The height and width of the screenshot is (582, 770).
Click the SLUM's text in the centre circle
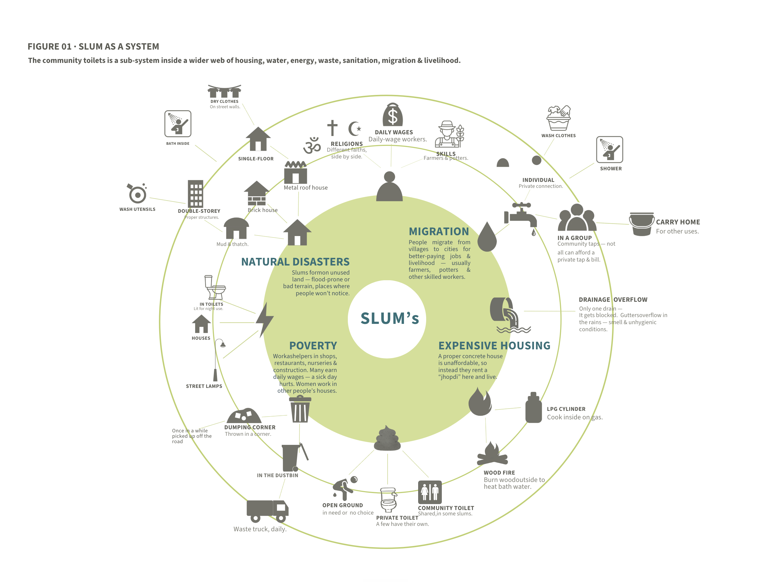(390, 318)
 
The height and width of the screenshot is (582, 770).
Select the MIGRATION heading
(439, 231)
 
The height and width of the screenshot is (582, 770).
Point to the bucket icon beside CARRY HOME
(641, 224)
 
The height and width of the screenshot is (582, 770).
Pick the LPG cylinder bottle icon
(533, 407)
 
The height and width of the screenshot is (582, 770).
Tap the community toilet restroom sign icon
(430, 492)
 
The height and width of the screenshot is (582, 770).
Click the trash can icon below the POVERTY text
(300, 409)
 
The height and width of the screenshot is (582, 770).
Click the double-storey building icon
(195, 194)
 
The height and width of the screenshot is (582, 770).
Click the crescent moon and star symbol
(355, 129)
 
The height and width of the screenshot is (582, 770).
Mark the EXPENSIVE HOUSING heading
(494, 346)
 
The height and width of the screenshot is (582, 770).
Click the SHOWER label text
(611, 169)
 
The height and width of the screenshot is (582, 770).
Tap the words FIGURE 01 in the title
(49, 46)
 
